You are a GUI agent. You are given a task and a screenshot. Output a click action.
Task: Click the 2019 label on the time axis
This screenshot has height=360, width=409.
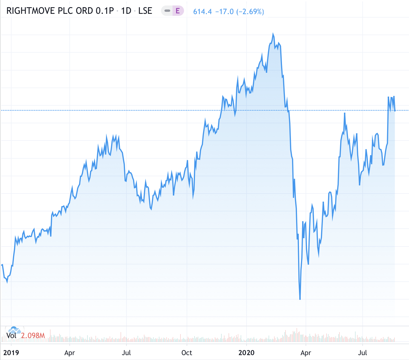coord(11,353)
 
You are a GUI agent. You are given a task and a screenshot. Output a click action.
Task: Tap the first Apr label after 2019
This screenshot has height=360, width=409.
coord(70,353)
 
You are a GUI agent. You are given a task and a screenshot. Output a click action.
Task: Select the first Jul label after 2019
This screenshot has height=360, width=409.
coord(126,353)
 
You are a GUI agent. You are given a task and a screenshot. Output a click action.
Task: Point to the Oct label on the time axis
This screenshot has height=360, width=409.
coord(187,353)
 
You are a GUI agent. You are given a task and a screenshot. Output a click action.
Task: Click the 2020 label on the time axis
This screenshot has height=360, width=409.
coord(247,353)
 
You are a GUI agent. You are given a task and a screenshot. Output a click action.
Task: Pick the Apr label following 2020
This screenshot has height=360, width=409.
coord(306,353)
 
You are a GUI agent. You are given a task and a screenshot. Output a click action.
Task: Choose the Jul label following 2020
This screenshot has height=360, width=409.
coord(362,353)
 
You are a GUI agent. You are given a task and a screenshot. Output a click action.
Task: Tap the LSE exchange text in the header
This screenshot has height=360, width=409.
coord(145,11)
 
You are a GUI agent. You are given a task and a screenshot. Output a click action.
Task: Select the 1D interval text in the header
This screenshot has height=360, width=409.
coord(126,11)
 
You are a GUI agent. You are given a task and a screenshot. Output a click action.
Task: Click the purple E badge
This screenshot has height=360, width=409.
coord(178,11)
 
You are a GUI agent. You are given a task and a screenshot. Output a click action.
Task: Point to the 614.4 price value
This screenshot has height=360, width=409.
coord(202,12)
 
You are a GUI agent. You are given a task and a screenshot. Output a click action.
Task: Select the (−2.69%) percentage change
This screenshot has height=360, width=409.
coord(250,12)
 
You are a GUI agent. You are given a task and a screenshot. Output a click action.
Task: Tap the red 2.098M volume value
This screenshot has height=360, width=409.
coord(33,336)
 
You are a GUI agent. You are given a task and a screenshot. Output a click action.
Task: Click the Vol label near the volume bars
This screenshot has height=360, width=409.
coord(12,336)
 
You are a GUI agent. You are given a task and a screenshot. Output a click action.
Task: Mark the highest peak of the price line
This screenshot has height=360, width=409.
coord(273,34)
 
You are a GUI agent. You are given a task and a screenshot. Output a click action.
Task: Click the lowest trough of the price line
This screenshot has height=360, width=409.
coord(300,299)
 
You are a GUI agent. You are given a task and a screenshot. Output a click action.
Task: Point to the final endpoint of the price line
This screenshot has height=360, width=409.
coord(395,111)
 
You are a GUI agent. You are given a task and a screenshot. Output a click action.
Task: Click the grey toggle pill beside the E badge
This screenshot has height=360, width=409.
coord(167,11)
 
